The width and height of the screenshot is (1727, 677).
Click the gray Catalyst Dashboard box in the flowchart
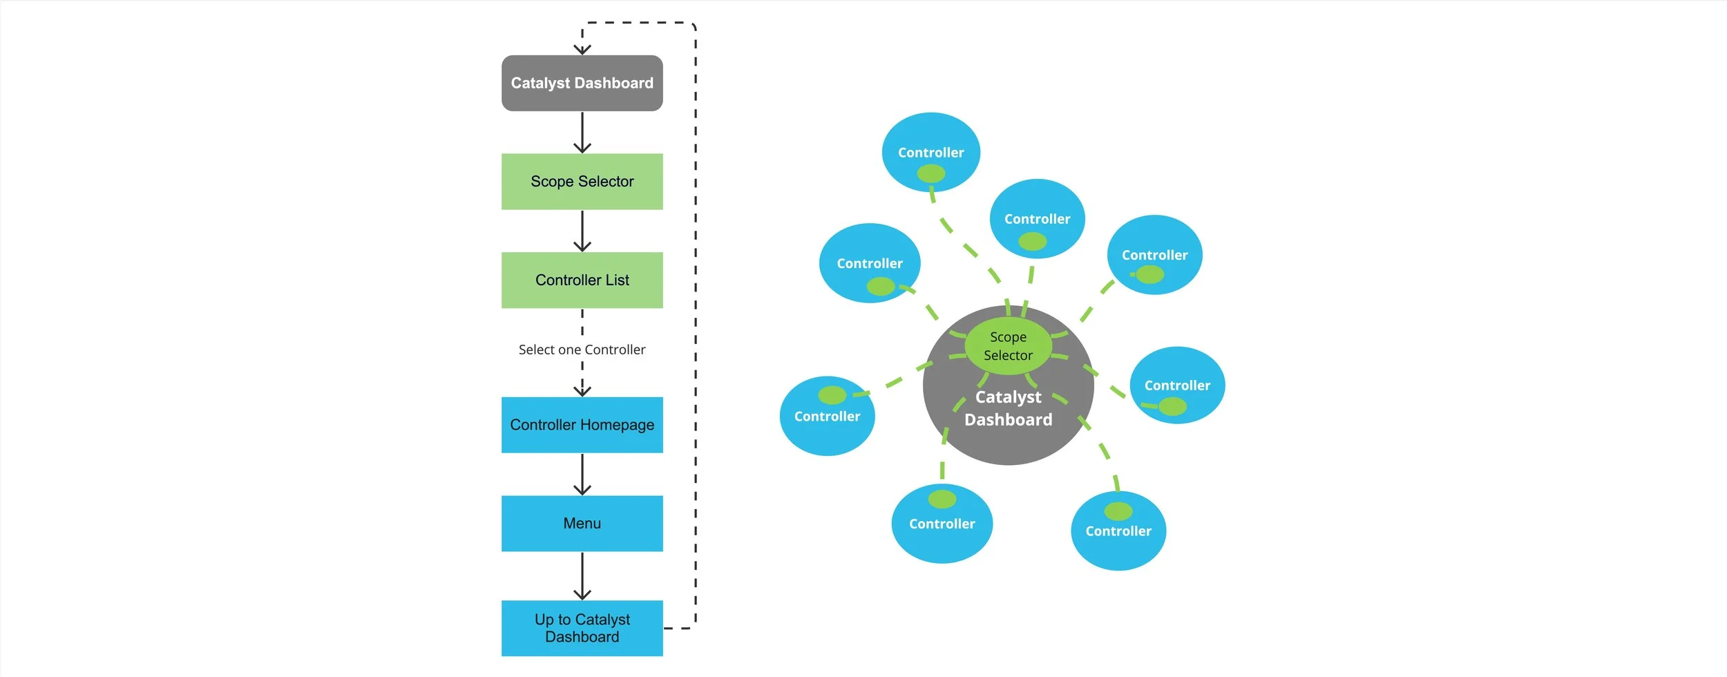pos(582,83)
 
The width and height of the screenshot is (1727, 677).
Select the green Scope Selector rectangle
pos(582,182)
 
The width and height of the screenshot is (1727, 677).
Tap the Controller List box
pos(582,280)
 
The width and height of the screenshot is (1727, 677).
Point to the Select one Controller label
pos(582,350)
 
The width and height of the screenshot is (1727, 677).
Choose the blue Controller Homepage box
pos(582,425)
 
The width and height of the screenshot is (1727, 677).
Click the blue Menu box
pos(582,523)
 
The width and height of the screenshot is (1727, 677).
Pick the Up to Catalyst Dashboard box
pos(582,628)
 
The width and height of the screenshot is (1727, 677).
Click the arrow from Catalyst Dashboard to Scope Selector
pos(582,133)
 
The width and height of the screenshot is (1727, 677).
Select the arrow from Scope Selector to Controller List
pos(582,231)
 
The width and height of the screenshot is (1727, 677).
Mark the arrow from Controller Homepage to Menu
pos(582,475)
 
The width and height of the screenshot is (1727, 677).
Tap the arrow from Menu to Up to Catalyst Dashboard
pos(582,576)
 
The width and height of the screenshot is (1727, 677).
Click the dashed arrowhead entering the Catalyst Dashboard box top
pos(582,49)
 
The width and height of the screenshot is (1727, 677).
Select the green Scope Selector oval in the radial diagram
pos(1008,346)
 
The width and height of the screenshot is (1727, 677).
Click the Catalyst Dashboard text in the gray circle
pos(1008,408)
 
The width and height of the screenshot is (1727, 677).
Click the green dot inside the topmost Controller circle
pos(931,173)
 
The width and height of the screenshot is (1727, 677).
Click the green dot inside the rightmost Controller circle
pos(1172,407)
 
